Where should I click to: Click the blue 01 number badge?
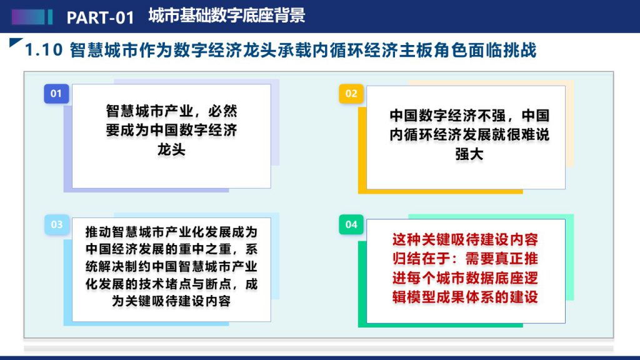[x=56, y=94]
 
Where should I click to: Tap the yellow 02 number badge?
[x=351, y=94]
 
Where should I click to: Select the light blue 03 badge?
[x=56, y=224]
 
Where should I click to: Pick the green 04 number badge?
[x=351, y=224]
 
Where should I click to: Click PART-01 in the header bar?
[x=101, y=17]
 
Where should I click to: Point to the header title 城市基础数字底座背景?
[x=226, y=16]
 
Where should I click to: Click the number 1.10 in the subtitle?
[x=44, y=50]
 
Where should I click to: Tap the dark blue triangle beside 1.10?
[x=15, y=42]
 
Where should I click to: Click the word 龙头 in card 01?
[x=171, y=150]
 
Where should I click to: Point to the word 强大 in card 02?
[x=469, y=154]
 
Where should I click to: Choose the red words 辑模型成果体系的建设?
[x=465, y=297]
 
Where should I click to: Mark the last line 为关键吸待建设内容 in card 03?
[x=171, y=301]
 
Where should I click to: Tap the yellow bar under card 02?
[x=441, y=191]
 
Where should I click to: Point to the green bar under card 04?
[x=441, y=325]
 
